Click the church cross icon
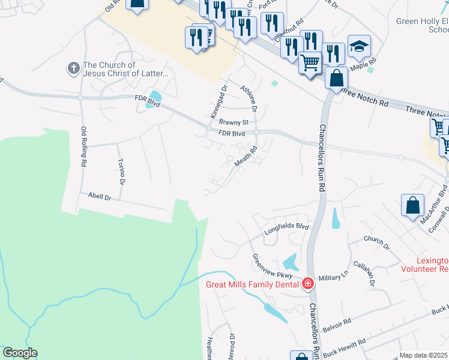[x=74, y=68]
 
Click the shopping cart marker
[x=310, y=62]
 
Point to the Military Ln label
[x=333, y=277]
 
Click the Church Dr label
[x=377, y=243]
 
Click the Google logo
[x=20, y=353]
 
